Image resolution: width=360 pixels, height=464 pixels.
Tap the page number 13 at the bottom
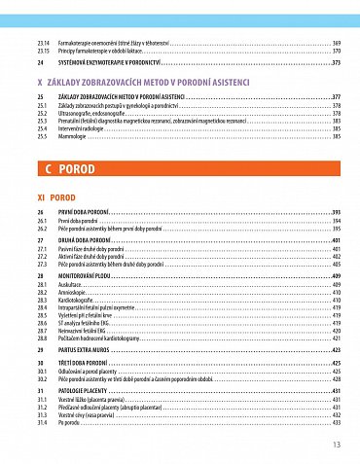(x=336, y=445)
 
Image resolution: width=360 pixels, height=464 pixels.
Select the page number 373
(x=335, y=63)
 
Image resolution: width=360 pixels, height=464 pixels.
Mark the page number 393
(x=335, y=211)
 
